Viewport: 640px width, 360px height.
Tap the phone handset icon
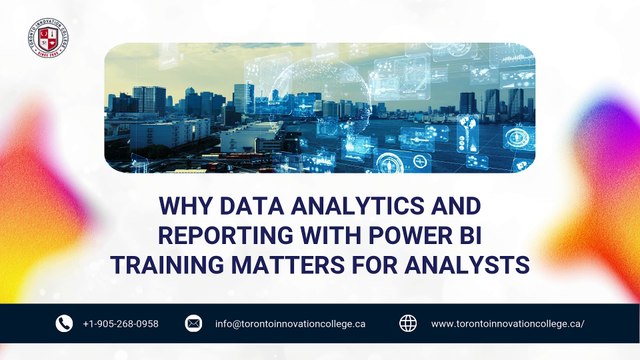[64, 323]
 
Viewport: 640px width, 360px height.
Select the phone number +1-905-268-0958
[121, 324]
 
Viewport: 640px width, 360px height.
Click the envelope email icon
[194, 323]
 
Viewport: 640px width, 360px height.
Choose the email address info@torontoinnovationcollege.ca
[290, 324]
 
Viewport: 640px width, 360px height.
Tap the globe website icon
[408, 323]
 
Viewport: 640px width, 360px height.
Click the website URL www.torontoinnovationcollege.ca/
[507, 324]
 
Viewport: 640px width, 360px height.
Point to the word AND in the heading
[452, 207]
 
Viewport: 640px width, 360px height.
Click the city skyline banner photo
[319, 108]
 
